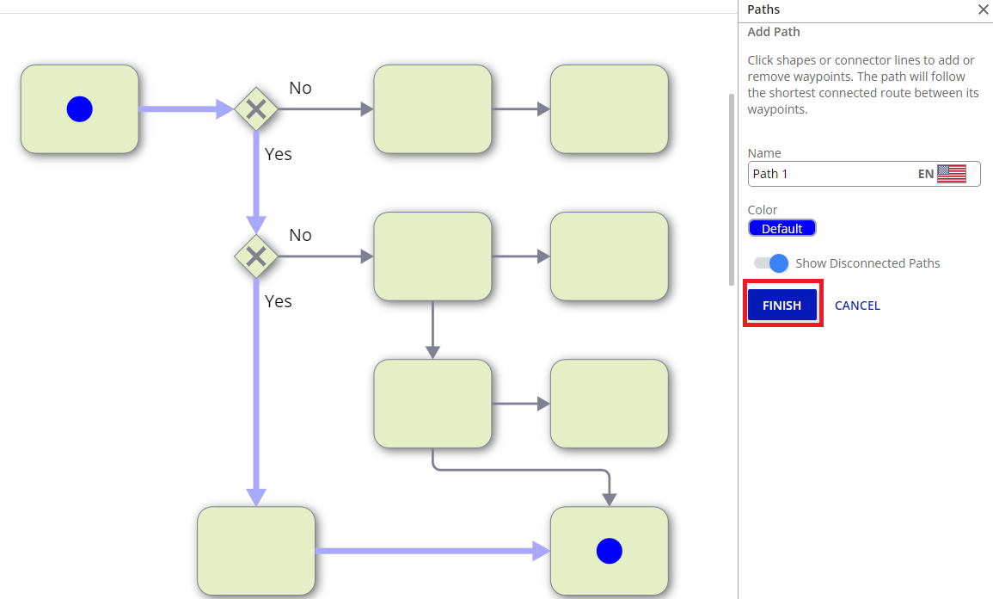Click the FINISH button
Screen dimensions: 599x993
click(x=782, y=306)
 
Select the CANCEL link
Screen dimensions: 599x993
click(x=857, y=306)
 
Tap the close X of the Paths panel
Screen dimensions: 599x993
click(x=983, y=9)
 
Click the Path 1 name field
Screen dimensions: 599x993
click(x=830, y=174)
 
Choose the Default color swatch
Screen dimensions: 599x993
click(x=782, y=228)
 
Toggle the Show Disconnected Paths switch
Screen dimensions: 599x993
click(x=771, y=263)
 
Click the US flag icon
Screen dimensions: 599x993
click(x=952, y=174)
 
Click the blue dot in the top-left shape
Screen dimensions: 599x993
click(x=79, y=109)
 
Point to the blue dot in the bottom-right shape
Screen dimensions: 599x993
click(x=609, y=551)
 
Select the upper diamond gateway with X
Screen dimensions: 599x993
click(x=255, y=109)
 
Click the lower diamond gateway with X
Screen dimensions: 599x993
click(x=255, y=256)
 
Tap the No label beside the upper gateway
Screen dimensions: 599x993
click(x=300, y=88)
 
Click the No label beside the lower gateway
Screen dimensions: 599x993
click(x=300, y=235)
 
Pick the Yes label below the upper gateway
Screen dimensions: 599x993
click(x=279, y=154)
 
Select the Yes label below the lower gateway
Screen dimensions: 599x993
click(x=279, y=301)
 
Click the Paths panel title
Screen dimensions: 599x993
click(x=763, y=9)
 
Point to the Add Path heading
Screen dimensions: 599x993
click(x=774, y=32)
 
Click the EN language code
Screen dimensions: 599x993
click(x=925, y=174)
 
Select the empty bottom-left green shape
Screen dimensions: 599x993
click(x=256, y=551)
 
